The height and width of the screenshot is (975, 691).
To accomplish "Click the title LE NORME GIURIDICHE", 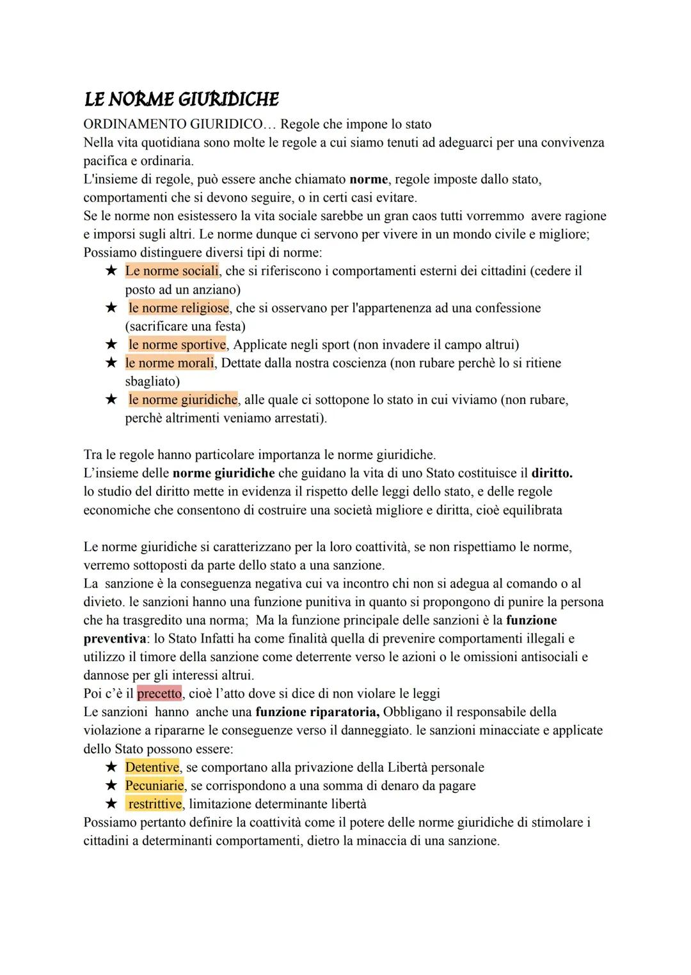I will coord(182,99).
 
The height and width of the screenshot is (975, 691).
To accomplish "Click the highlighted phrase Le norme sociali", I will coord(171,271).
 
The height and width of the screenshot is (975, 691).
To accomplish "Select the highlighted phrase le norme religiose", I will coord(179,308).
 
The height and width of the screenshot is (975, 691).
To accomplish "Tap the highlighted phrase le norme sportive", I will coord(177,345).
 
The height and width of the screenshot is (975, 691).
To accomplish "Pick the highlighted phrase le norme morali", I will coord(170,363).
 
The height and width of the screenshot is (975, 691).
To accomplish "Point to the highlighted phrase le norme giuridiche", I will coord(182,400).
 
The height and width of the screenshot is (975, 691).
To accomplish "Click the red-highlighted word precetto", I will coord(159,694).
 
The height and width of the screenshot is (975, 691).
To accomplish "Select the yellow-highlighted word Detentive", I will coord(152,767).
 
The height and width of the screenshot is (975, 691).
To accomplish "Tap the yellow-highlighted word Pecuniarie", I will coord(154,786).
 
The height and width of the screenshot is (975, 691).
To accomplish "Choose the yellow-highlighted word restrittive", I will coord(154,804).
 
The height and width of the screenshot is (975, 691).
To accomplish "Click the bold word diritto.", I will coord(552,474).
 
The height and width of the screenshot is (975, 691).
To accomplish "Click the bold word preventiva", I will coord(115,639).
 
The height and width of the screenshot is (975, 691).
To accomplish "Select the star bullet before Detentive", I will coord(111,767).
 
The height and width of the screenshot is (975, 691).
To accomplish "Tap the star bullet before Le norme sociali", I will coord(111,271).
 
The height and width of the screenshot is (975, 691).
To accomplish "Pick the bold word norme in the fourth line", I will coord(369,180).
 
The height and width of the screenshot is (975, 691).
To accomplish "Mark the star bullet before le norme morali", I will coord(111,363).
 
